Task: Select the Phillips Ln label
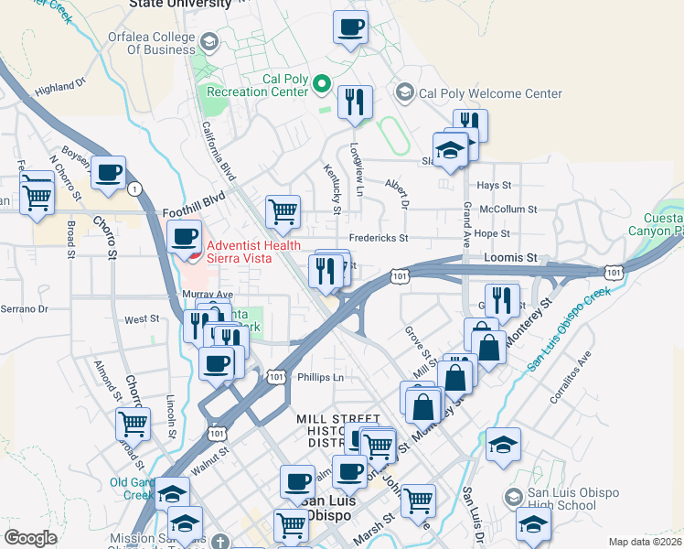click(320, 377)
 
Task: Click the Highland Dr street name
click(59, 88)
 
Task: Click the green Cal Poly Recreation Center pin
click(321, 85)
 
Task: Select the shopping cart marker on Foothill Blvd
click(283, 211)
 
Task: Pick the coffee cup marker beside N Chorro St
click(108, 172)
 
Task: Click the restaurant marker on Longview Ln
click(354, 102)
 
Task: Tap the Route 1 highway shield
click(136, 188)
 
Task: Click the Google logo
click(30, 538)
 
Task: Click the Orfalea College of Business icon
click(208, 42)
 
